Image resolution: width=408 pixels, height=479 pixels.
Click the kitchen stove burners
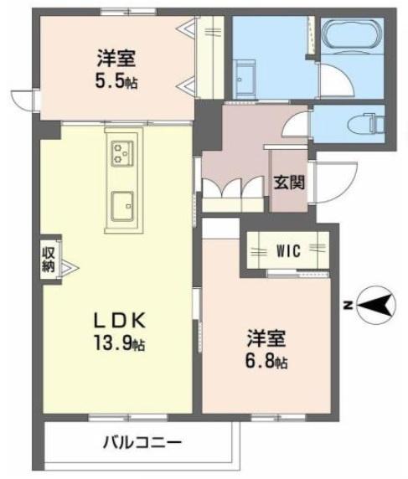(x=123, y=154)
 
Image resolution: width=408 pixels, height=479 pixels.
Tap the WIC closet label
(x=288, y=250)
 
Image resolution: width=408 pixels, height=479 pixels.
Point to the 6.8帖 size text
(x=267, y=362)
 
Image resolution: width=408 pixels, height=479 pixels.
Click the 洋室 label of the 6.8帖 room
(x=266, y=338)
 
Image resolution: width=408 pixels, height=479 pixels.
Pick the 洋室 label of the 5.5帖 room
(x=116, y=59)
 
